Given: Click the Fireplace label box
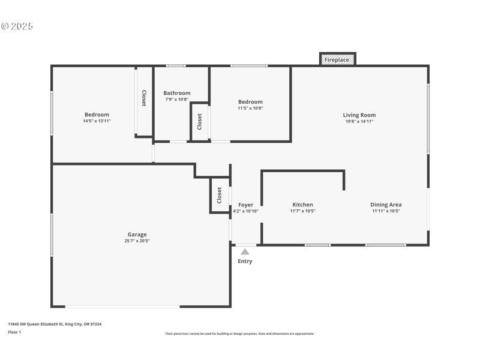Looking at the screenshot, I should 337,60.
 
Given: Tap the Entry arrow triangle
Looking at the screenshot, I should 245,252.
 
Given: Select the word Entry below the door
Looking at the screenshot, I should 245,262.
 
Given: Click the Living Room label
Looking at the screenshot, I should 359,115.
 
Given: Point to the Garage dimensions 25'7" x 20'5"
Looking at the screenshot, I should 137,241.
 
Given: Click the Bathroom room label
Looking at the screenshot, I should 177,93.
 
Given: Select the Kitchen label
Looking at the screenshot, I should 302,205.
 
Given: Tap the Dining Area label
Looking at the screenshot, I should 386,205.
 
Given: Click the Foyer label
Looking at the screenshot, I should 245,205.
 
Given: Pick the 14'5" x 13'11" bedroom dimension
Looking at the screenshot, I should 97,121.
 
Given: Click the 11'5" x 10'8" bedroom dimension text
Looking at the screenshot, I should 250,108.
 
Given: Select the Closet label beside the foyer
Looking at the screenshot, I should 220,195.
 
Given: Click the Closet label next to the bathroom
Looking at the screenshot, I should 200,122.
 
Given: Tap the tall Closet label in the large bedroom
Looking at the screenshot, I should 144,98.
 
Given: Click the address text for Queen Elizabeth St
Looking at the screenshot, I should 55,324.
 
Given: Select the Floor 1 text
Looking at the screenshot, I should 14,332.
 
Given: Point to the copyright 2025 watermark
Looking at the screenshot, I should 17,26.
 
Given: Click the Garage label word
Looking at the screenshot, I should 137,235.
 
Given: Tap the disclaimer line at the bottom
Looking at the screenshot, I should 239,334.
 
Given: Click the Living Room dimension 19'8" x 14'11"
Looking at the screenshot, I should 359,122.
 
